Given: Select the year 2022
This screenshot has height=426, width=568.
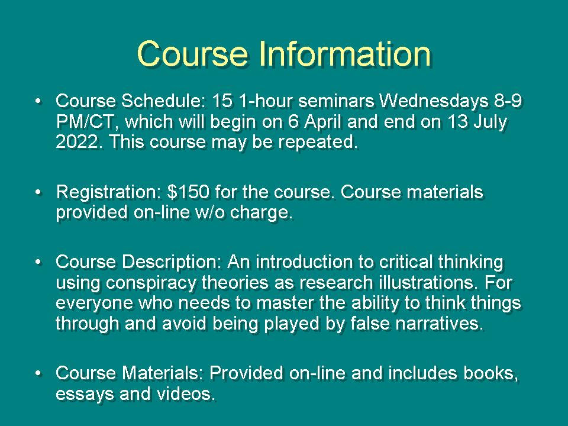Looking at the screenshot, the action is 77,141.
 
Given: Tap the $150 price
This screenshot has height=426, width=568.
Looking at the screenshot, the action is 188,192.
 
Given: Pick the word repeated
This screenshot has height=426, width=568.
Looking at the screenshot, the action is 318,143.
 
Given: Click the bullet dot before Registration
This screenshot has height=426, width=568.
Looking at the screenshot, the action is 38,192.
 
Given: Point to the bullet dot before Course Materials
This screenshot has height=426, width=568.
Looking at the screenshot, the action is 38,373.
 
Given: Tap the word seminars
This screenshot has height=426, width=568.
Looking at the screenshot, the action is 336,101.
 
